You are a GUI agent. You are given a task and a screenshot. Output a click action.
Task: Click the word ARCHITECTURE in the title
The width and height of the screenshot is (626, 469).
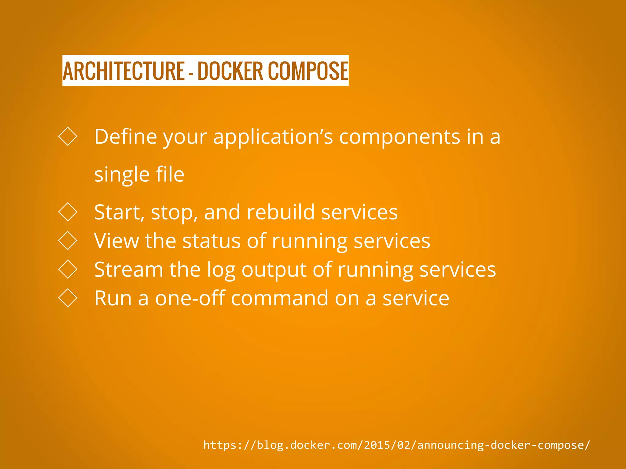pyautogui.click(x=123, y=71)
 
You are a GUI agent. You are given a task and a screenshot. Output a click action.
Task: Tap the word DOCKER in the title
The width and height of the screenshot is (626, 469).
pyautogui.click(x=230, y=71)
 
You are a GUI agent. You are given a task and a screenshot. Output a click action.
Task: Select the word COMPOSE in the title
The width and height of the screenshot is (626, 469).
pyautogui.click(x=308, y=71)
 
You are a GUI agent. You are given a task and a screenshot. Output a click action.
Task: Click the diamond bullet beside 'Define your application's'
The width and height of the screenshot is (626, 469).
pyautogui.click(x=68, y=136)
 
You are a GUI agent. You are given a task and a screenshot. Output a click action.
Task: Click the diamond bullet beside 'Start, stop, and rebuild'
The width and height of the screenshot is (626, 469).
pyautogui.click(x=68, y=212)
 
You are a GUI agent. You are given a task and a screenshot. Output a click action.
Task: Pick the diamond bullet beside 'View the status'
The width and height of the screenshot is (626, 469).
pyautogui.click(x=68, y=241)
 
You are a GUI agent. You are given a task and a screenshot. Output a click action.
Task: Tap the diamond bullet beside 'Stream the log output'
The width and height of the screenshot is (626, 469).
pyautogui.click(x=68, y=269)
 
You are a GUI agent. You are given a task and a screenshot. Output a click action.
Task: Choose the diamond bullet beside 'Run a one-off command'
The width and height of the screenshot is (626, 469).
pyautogui.click(x=68, y=298)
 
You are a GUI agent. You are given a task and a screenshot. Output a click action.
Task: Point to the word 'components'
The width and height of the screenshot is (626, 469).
pyautogui.click(x=400, y=137)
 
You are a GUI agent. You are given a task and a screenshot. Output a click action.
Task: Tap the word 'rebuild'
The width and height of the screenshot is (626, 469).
pyautogui.click(x=281, y=212)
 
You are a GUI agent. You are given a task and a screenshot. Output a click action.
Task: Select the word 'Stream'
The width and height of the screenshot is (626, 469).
pyautogui.click(x=129, y=270)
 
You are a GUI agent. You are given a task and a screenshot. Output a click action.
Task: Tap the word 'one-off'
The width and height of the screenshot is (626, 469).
pyautogui.click(x=190, y=298)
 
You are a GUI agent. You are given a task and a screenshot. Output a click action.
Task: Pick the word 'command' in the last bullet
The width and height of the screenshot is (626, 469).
pyautogui.click(x=279, y=298)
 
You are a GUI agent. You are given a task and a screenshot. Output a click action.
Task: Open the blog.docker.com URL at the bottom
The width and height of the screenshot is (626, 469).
pyautogui.click(x=396, y=445)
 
